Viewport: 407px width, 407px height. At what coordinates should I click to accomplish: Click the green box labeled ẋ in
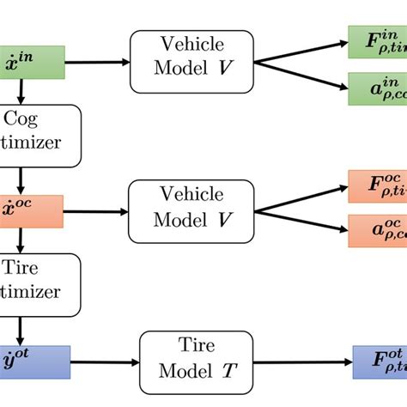pos(31,62)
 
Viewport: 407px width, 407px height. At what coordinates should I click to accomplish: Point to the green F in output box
pos(376,40)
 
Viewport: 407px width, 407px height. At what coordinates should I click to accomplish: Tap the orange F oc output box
pos(376,186)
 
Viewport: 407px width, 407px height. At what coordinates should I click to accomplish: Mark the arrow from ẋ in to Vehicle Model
pos(95,62)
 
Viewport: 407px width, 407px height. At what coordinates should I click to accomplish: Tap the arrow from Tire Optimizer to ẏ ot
pos(19,328)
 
